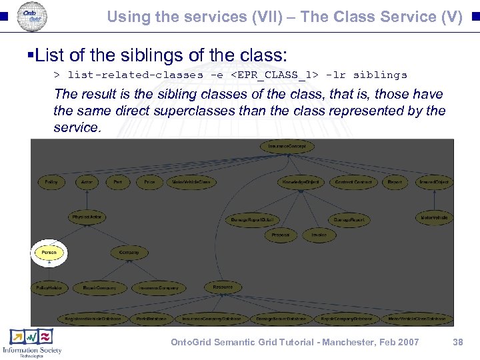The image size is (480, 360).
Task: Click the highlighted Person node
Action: pyautogui.click(x=49, y=253)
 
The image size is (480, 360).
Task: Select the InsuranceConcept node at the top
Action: pyautogui.click(x=287, y=146)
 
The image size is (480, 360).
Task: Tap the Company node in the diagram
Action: pyautogui.click(x=129, y=253)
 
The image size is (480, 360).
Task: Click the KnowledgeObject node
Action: pyautogui.click(x=300, y=181)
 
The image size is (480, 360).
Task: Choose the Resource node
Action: pyautogui.click(x=223, y=287)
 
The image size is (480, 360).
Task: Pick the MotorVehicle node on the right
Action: pyautogui.click(x=434, y=217)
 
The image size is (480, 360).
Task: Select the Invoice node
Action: pyautogui.click(x=319, y=235)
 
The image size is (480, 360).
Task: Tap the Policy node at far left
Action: pyautogui.click(x=51, y=181)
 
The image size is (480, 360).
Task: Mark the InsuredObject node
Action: pyautogui.click(x=434, y=181)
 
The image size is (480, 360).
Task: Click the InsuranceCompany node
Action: pyautogui.click(x=159, y=287)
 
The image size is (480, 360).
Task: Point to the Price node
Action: pyautogui.click(x=149, y=181)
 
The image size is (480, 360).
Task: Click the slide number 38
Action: pyautogui.click(x=457, y=342)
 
